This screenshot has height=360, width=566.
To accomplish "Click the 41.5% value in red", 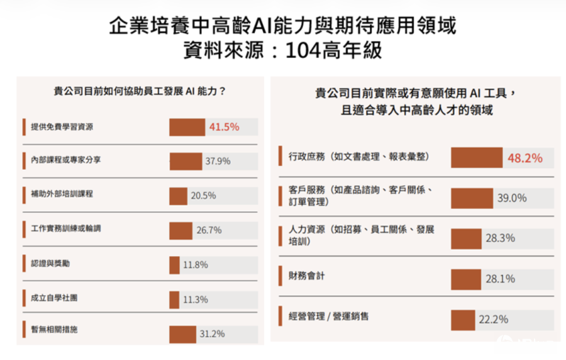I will [x=224, y=127].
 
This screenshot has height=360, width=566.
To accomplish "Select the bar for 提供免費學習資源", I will [x=187, y=127].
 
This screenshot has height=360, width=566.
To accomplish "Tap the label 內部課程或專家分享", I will [x=66, y=160].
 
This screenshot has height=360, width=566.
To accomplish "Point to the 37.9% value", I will [x=218, y=161].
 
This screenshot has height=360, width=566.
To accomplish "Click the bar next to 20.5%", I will [x=178, y=196].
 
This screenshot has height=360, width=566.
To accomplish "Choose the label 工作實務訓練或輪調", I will [x=66, y=228].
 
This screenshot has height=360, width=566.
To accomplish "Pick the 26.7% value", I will [x=209, y=230].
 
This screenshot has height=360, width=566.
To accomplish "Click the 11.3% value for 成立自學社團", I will [x=195, y=300].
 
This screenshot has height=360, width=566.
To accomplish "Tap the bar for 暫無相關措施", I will [x=182, y=334].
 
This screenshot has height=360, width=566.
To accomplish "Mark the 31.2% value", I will [x=212, y=334].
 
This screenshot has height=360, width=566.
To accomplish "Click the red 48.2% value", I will [x=524, y=158].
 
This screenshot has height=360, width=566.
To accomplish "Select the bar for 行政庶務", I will [x=476, y=158].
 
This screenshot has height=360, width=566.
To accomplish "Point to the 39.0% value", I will [x=512, y=198].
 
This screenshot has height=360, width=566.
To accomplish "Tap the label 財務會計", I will [x=306, y=276].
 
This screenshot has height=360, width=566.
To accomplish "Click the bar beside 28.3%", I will [x=465, y=239].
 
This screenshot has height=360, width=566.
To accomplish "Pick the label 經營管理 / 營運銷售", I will [x=328, y=316].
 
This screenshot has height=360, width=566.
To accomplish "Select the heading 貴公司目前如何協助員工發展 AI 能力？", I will [x=140, y=91].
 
